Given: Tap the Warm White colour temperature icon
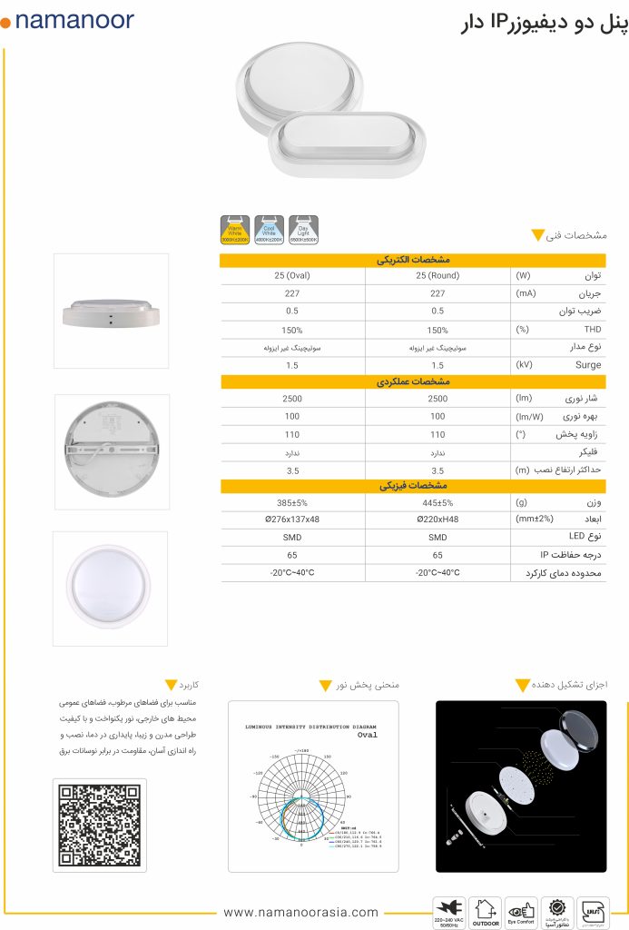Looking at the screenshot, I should pos(236,231).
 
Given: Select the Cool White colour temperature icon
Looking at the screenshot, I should pos(270,231).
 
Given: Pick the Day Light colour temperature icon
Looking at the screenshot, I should pos(303,231).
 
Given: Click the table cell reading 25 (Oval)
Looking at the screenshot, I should pos(292,276).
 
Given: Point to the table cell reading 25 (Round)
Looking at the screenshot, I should pos(437,276).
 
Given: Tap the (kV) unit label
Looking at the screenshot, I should pos(525,365).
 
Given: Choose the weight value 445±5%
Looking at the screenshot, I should pos(437,502).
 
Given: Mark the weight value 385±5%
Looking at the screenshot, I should pos(292,502).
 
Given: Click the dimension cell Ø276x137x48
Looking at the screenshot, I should pos(292,519).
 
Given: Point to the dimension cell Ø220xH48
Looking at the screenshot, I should pos(437,519).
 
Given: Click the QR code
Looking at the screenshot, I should pos(101,824).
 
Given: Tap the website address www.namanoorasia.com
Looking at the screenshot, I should pos(300,912).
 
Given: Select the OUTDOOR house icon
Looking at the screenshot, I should pos(486,910).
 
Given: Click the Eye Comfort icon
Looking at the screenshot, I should pos(522,910).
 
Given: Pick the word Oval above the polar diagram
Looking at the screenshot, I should pos(367,736).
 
